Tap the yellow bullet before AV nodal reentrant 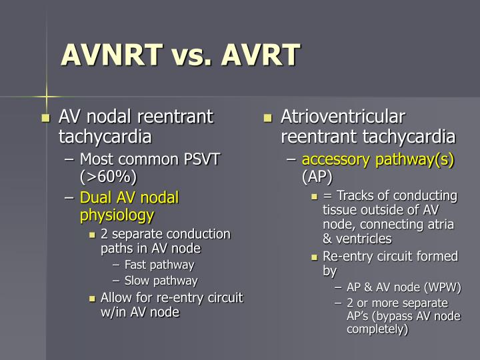tap(46, 119)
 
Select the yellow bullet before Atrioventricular tap(268, 119)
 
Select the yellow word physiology tap(117, 215)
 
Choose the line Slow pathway tap(161, 281)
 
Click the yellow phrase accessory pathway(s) tap(378, 160)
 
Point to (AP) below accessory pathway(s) tap(317, 177)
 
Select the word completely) tap(377, 329)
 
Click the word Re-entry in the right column tap(347, 257)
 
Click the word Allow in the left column tap(117, 297)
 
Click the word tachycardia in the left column tap(105, 137)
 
